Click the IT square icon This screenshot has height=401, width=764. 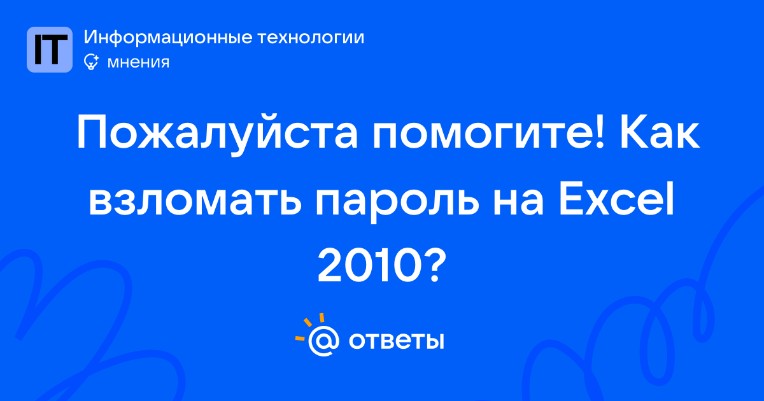pos(50,50)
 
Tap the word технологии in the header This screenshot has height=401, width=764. pos(311,38)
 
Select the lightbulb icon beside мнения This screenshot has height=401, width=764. pos(91,62)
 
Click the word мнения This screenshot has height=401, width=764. pos(138,63)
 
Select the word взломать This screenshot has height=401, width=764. pos(195,203)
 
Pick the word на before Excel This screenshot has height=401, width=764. pos(518,203)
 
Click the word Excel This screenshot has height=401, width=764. pos(616,199)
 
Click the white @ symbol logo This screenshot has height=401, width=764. pos(323,341)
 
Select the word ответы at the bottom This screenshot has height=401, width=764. pos(396,341)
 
